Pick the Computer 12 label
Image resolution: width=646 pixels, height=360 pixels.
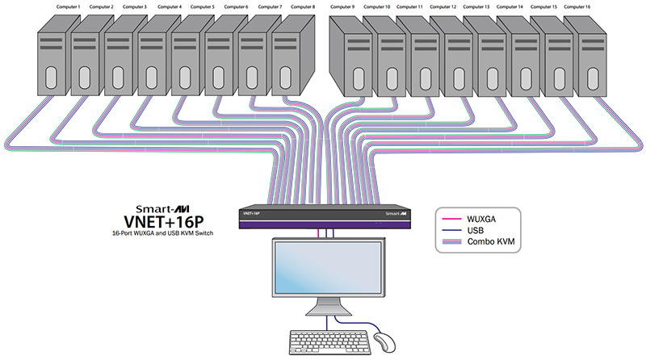point(443,7)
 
